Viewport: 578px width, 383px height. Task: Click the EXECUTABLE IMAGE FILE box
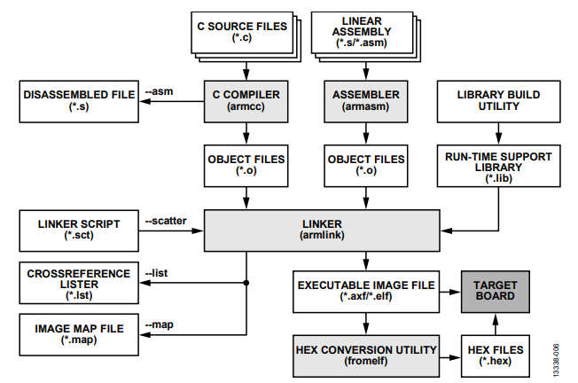[365, 292]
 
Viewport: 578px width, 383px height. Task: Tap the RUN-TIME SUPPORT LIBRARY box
[497, 163]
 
